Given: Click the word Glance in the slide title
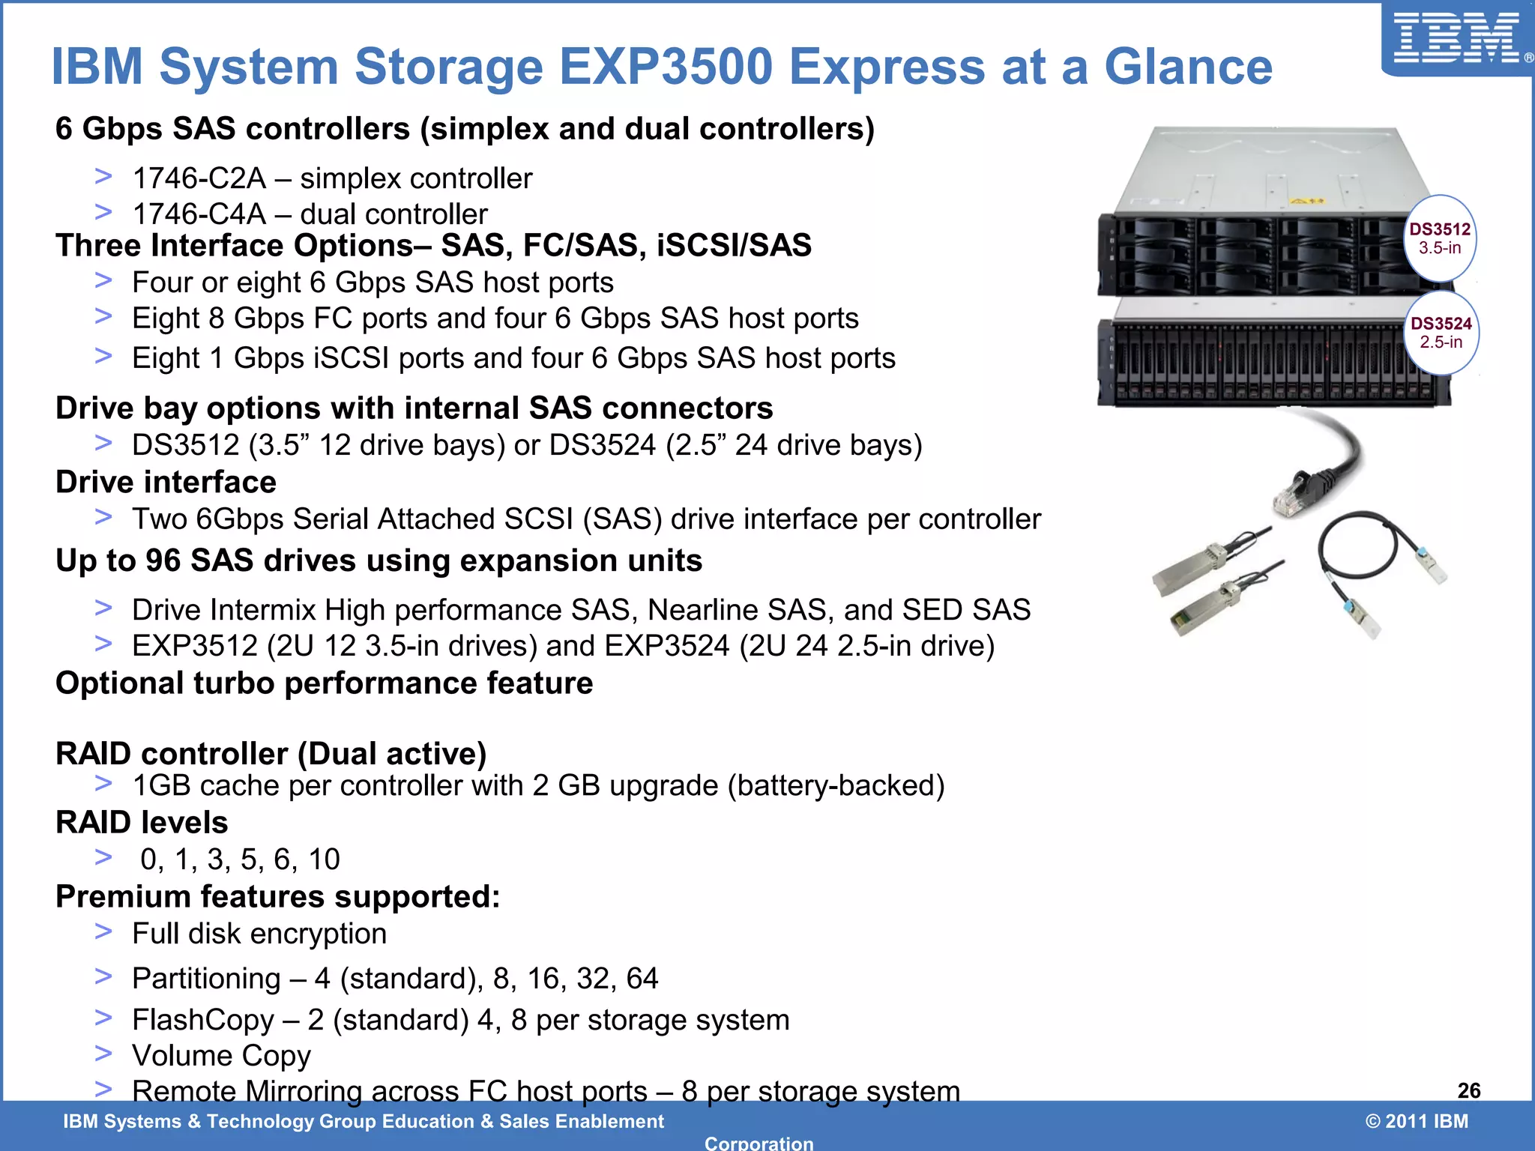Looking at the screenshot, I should pos(1188,67).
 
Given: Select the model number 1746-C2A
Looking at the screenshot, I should pos(199,178).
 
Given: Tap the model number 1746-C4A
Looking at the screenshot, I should pos(199,214).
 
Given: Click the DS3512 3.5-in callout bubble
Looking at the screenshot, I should pos(1440,238).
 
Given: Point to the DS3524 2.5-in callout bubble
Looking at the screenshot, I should pos(1441,333).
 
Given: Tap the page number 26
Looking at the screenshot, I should pos(1469,1090).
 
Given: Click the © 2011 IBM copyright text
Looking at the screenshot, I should pos(1417,1121).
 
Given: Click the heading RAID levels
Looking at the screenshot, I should pos(142,823).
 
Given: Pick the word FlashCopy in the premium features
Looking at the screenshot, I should pos(203,1020).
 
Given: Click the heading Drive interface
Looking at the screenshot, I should pos(166,483).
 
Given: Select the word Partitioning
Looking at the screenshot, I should pos(206,979).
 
